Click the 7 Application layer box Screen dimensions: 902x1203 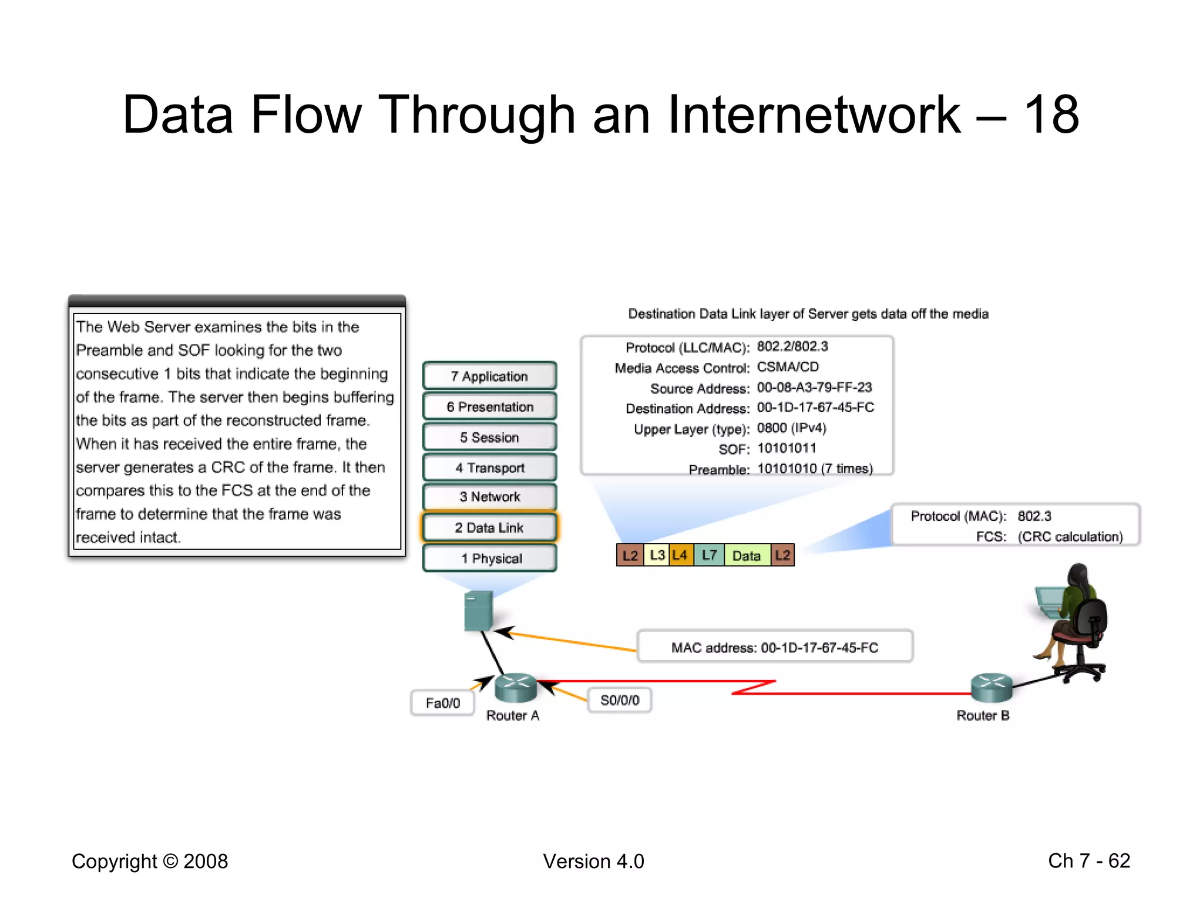[x=489, y=376]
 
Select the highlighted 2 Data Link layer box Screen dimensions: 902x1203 [x=489, y=527]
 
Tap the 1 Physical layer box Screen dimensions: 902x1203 [x=489, y=558]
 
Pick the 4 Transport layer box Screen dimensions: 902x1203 [x=489, y=467]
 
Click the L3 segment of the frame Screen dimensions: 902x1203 [x=657, y=555]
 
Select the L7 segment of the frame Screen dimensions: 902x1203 [x=709, y=555]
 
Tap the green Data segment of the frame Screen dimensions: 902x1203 [x=746, y=555]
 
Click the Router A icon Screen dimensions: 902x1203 [x=515, y=687]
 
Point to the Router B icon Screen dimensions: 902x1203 [x=992, y=687]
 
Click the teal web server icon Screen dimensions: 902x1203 [x=478, y=611]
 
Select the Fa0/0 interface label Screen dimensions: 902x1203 [x=442, y=703]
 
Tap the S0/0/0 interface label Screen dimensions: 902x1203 [x=619, y=700]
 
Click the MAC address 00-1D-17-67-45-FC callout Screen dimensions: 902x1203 [x=774, y=647]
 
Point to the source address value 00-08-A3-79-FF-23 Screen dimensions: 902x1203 [x=814, y=388]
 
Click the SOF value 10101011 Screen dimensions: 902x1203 [x=787, y=449]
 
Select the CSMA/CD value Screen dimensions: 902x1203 [x=788, y=367]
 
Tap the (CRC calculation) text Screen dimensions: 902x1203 [x=1070, y=537]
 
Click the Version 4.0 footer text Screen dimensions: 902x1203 [x=593, y=861]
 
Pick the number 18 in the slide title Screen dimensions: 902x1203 [x=1051, y=115]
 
